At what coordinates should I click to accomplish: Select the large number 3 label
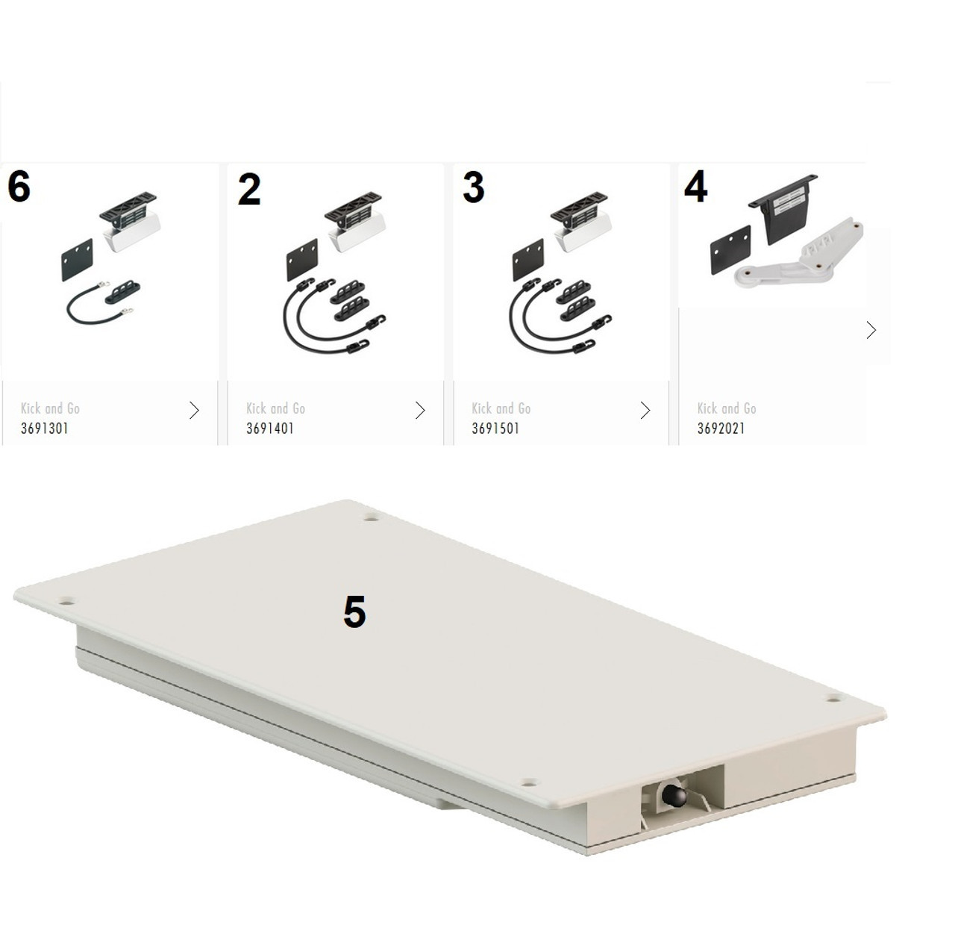click(473, 187)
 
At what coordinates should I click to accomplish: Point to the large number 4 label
click(695, 187)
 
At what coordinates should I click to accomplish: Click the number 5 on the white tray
click(354, 611)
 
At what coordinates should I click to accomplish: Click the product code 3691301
click(44, 428)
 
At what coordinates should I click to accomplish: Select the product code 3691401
click(270, 428)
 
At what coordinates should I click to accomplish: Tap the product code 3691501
click(495, 428)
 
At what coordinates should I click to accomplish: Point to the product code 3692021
click(721, 428)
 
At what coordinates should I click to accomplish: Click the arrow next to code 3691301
click(194, 410)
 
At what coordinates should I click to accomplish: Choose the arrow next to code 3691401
click(420, 410)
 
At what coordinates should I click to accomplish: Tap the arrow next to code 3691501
click(645, 410)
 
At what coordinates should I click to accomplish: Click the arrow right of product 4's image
click(871, 330)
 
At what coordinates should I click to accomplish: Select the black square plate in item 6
click(78, 260)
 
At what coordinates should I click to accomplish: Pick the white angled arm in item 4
click(799, 253)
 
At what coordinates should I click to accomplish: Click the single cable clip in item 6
click(122, 292)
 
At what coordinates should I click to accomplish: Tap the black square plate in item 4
click(730, 249)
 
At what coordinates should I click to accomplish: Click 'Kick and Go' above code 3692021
click(727, 408)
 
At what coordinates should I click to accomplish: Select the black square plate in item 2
click(302, 260)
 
